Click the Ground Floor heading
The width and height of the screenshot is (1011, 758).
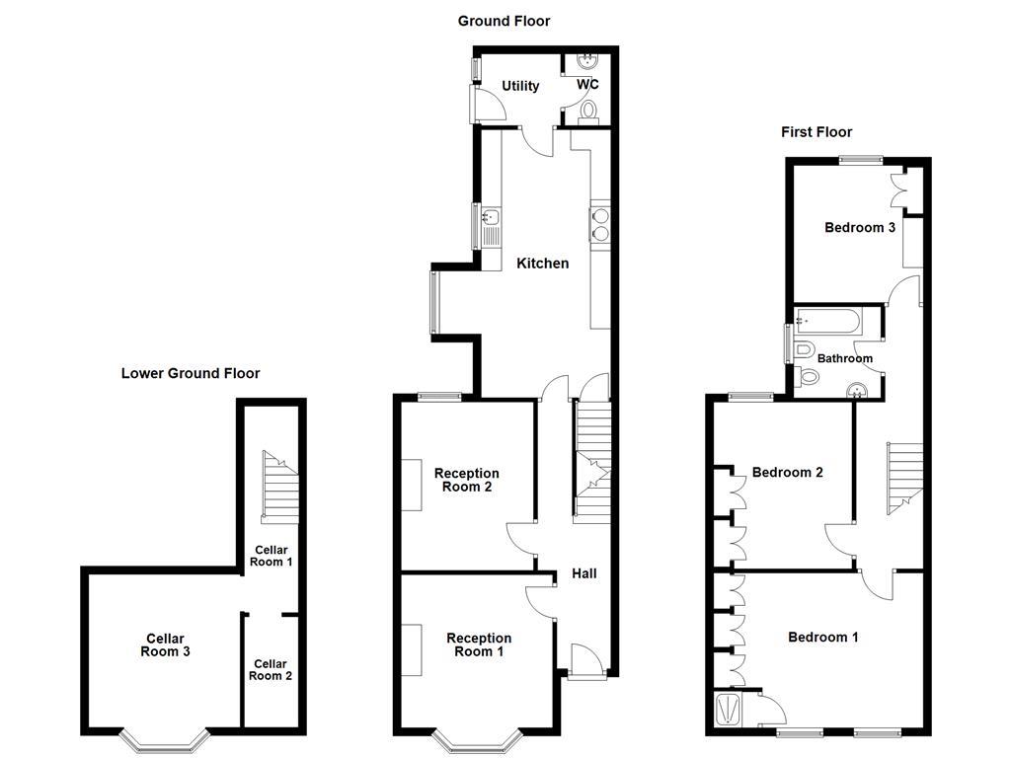[x=504, y=21]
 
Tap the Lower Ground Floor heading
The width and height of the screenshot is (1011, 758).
[x=191, y=373]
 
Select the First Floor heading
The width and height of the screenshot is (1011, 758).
[x=816, y=131]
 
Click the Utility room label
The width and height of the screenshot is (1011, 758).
[x=520, y=86]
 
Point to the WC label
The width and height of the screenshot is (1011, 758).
[x=587, y=85]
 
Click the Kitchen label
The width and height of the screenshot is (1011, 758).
[x=542, y=264]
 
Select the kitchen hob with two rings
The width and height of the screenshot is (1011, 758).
[x=599, y=225]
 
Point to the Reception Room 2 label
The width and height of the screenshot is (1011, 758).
[x=467, y=480]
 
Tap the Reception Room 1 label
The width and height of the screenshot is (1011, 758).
[x=479, y=644]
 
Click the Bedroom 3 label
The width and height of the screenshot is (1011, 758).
[x=860, y=227]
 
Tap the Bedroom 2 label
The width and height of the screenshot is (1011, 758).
[x=787, y=472]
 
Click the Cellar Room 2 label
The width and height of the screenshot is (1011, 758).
[x=271, y=670]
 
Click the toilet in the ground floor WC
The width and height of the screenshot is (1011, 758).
[x=589, y=110]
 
